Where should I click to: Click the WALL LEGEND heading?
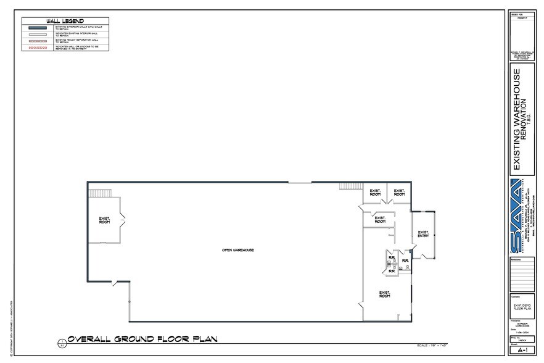(x=65, y=21)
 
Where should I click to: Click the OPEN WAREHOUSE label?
(x=238, y=250)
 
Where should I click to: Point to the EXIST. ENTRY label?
(x=423, y=234)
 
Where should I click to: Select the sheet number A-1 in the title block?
(x=521, y=349)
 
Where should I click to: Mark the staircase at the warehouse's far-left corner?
(x=99, y=193)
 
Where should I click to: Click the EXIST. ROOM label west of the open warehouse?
(x=104, y=219)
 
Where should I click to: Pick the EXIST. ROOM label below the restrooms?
(x=384, y=294)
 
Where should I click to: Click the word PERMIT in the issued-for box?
(x=521, y=19)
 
